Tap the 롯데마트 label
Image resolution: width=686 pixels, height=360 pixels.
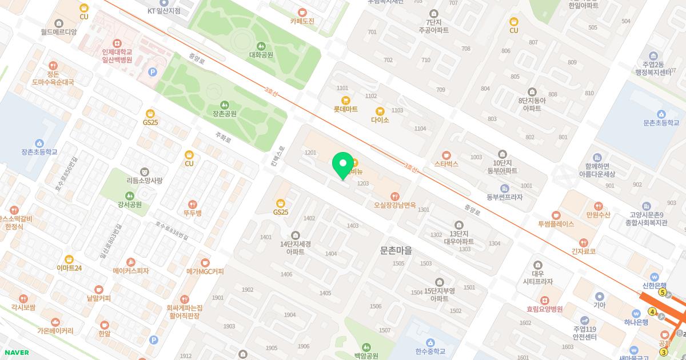pos(345,109)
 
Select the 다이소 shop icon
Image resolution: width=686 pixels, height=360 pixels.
pos(380,111)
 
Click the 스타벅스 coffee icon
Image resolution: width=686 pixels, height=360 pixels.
pos(446,155)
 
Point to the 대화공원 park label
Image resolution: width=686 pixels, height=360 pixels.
pos(261,55)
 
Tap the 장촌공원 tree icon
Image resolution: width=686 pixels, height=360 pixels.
pos(224,105)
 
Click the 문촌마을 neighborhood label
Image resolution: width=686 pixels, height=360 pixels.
pos(396,250)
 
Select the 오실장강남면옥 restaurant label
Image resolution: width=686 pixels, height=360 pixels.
pos(394,205)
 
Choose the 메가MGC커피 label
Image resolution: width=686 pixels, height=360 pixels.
pos(205,271)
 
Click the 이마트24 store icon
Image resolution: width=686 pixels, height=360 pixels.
pos(69,259)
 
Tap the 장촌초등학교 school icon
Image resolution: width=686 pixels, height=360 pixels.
pos(39,143)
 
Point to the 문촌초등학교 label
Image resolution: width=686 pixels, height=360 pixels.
pos(661,123)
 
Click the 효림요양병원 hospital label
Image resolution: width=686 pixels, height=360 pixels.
pos(545,309)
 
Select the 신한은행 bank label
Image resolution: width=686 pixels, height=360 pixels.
pos(655,286)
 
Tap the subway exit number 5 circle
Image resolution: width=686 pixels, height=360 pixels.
pos(663,293)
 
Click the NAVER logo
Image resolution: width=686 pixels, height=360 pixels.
pos(16,353)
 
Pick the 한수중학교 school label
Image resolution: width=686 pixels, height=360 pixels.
pos(430,351)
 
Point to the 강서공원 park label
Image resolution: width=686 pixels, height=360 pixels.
pos(129,205)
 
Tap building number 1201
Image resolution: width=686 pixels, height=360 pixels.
pos(310,153)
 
